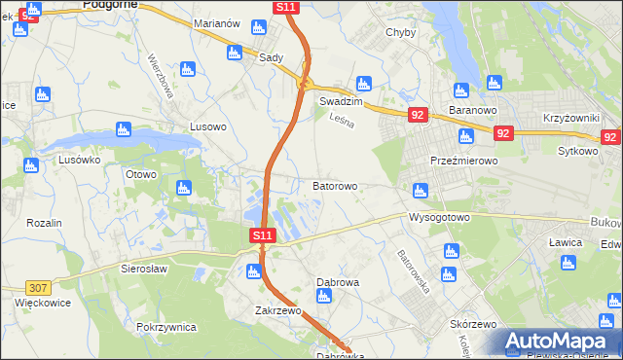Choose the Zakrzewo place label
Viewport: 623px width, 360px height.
pos(277,311)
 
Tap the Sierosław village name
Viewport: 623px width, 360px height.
pos(145,268)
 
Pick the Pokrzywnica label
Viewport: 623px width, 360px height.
pos(167,327)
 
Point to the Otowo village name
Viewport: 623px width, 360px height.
pos(141,175)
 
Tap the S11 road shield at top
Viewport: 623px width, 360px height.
pos(285,7)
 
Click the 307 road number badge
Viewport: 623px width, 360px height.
pos(38,287)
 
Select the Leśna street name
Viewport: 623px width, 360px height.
pos(341,122)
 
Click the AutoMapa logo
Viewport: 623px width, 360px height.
pos(560,341)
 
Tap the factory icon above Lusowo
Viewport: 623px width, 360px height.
pos(189,68)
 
